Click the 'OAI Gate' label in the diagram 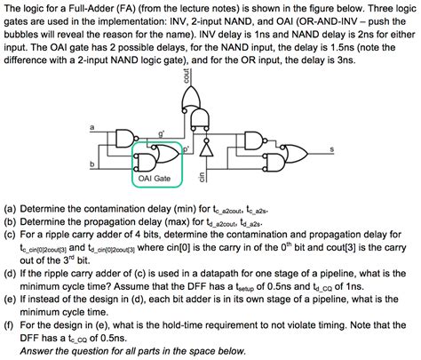tap(154, 178)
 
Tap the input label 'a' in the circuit tap(91, 126)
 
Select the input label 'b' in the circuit tap(91, 164)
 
